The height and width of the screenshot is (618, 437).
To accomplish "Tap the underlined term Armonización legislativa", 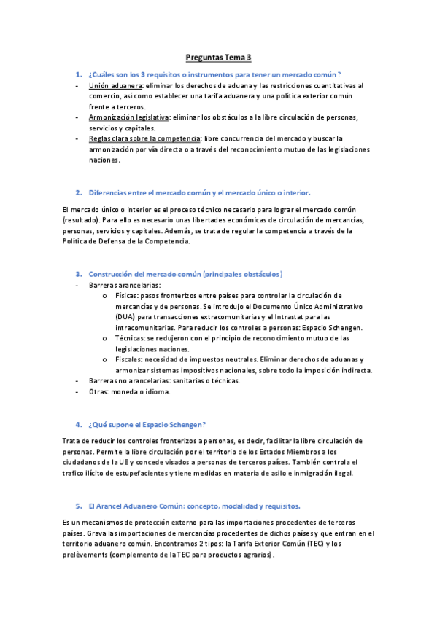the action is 128,117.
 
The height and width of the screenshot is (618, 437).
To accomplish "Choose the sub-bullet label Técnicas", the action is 130,338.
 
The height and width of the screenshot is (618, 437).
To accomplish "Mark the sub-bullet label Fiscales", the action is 129,359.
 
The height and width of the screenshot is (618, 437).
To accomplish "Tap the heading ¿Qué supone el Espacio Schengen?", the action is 147,424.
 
